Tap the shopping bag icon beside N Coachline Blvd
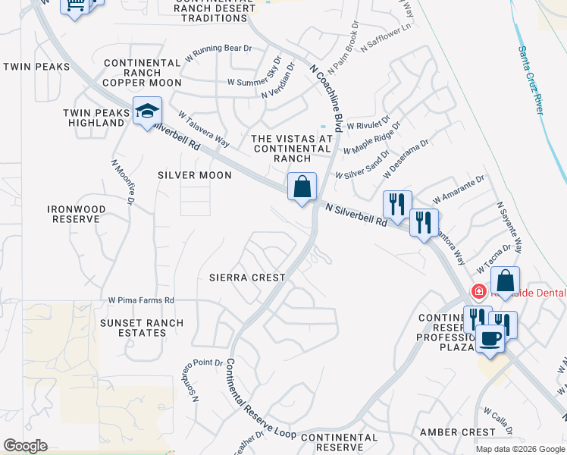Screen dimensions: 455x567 pyautogui.click(x=302, y=186)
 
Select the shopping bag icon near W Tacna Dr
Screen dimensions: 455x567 pyautogui.click(x=506, y=280)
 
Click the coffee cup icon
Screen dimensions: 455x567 pyautogui.click(x=490, y=337)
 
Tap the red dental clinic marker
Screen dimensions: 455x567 pyautogui.click(x=478, y=291)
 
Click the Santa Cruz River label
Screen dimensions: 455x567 pyautogui.click(x=532, y=80)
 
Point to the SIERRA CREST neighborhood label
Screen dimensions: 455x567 pyautogui.click(x=247, y=278)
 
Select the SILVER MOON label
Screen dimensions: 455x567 pyautogui.click(x=195, y=175)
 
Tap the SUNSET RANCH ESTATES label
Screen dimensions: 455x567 pyautogui.click(x=133, y=328)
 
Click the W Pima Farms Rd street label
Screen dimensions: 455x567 pyautogui.click(x=141, y=300)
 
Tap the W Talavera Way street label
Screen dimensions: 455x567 pyautogui.click(x=204, y=130)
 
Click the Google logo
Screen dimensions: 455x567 pyautogui.click(x=25, y=446)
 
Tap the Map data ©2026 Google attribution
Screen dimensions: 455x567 pyautogui.click(x=519, y=449)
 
